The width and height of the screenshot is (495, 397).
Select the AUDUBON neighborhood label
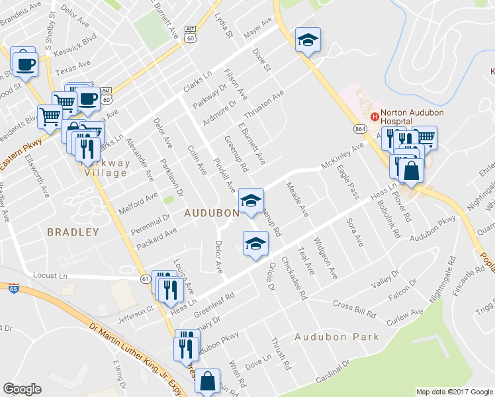(x=211, y=213)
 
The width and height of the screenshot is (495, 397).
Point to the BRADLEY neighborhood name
(x=73, y=232)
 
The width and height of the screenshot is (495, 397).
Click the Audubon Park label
(x=337, y=337)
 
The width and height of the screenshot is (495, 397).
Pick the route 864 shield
(x=360, y=128)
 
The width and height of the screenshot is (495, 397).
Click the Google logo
(x=22, y=389)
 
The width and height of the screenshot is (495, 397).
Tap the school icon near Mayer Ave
(x=308, y=40)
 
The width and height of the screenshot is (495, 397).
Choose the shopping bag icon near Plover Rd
(x=412, y=171)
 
